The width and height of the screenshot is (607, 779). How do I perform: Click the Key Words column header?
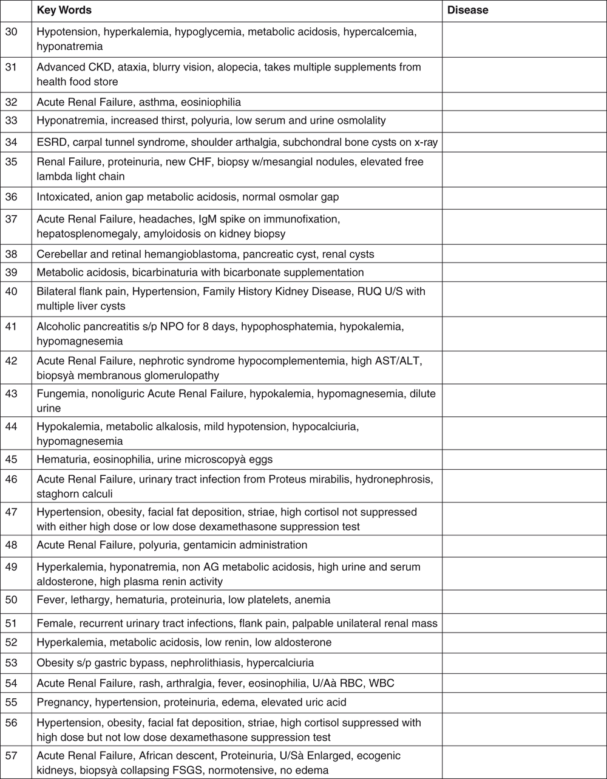coord(64,10)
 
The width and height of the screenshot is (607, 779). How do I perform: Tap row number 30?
coord(11,32)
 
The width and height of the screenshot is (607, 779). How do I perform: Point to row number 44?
coord(11,427)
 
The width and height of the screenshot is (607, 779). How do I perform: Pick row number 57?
coord(11,755)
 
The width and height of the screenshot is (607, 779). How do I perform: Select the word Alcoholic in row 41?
coord(59,327)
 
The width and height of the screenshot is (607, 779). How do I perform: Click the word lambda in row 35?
coord(54,176)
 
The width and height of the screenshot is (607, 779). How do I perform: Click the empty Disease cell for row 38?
coord(524,254)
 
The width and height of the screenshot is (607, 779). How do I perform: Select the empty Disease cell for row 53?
coord(524,663)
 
